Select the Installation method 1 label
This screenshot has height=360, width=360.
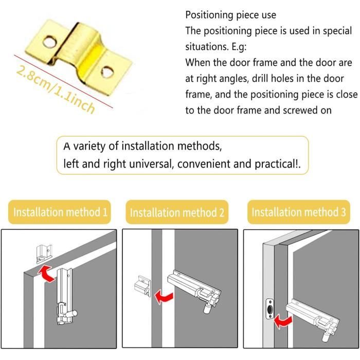click(x=61, y=212)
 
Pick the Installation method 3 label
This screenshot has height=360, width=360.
click(x=298, y=212)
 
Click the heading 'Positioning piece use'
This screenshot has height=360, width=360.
click(x=230, y=15)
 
